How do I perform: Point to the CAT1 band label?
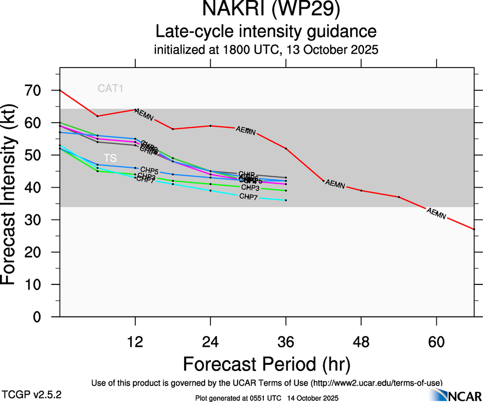point(111,89)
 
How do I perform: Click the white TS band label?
point(110,158)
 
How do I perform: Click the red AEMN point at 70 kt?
point(60,90)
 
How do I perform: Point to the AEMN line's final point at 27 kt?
point(474,229)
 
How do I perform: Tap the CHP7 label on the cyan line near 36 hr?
point(248,197)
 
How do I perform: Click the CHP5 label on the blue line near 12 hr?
point(149,170)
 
